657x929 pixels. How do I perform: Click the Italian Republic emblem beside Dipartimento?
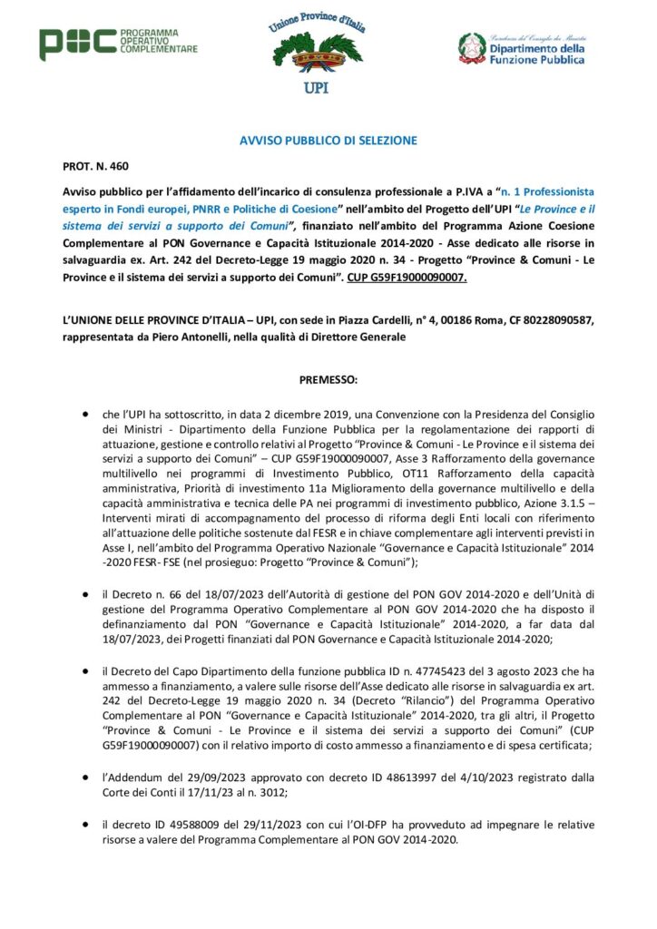point(471,47)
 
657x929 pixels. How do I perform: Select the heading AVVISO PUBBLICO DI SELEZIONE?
point(328,141)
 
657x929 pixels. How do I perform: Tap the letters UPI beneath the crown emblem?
point(318,89)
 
